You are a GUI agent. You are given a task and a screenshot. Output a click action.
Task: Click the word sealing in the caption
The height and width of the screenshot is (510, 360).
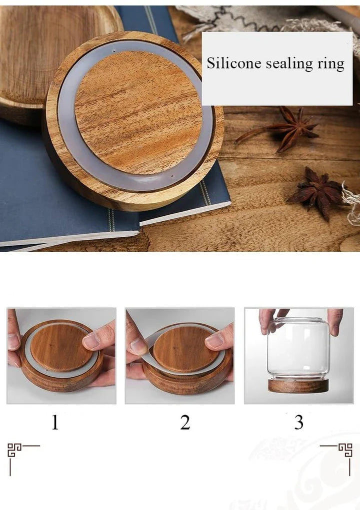pos(290,63)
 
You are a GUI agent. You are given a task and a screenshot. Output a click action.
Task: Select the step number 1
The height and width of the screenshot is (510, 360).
pos(55,423)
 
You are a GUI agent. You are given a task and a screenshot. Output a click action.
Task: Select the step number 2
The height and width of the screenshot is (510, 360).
pos(185,423)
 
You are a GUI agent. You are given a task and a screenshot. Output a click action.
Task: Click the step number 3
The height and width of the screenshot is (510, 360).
pos(298,423)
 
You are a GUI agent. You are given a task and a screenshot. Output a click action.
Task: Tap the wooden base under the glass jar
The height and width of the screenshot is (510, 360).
pos(298,386)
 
